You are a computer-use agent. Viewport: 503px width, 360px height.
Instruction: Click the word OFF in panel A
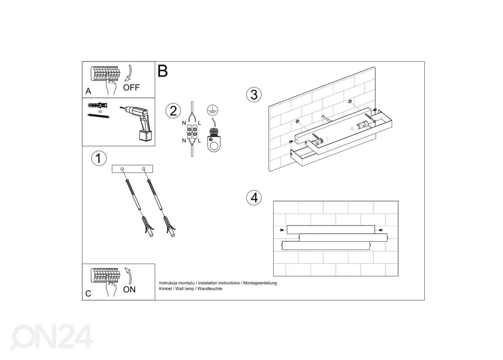131,87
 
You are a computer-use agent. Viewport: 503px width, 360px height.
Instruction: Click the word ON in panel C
129,290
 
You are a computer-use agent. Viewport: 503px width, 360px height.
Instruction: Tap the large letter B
163,71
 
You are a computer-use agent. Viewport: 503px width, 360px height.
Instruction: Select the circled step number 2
173,111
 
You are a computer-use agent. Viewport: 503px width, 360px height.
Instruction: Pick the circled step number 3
254,95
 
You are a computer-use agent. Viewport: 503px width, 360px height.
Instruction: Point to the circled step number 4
254,198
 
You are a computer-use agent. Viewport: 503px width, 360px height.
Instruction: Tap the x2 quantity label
100,111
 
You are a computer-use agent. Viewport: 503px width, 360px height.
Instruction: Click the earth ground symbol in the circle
213,110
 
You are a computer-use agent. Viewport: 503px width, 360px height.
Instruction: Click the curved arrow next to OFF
129,73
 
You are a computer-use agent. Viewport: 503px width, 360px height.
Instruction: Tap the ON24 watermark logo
52,337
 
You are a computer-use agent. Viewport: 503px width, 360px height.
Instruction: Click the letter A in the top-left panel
88,91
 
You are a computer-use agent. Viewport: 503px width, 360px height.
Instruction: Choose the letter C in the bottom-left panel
88,294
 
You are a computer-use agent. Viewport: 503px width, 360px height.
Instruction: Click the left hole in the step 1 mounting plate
122,169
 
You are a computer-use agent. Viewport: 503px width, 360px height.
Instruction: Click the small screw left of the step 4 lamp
282,230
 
